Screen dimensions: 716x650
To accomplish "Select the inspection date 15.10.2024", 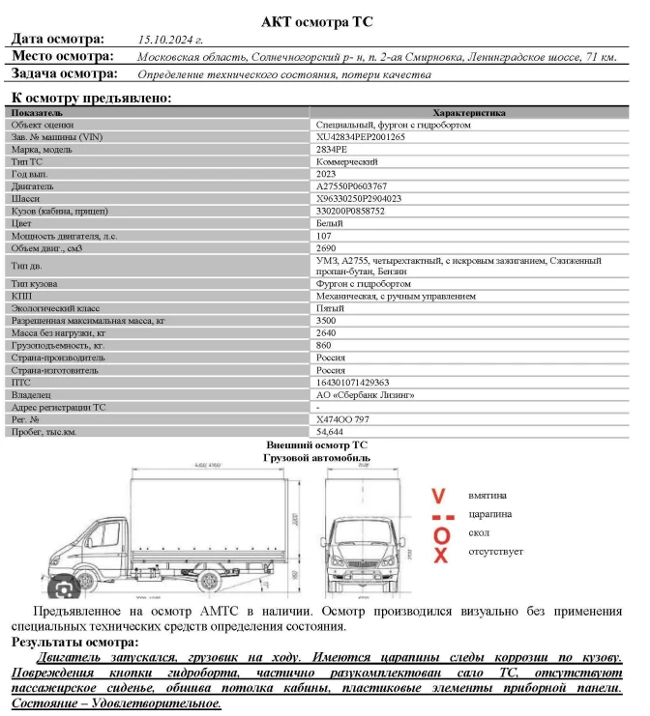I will (x=170, y=40).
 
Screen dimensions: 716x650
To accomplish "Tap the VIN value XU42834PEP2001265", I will (x=361, y=137).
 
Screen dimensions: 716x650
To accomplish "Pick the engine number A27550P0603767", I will (x=352, y=186).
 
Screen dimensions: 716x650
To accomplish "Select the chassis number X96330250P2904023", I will (x=359, y=198).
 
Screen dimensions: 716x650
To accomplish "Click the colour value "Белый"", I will (x=330, y=223).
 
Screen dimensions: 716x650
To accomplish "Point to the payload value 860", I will (x=324, y=345).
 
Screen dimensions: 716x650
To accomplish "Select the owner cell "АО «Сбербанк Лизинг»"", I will (x=365, y=395).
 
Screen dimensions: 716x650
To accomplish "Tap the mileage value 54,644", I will (x=330, y=432).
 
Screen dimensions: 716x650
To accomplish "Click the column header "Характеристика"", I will (x=468, y=113).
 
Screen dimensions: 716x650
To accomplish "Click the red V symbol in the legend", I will (x=440, y=496).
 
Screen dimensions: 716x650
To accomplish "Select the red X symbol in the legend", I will (x=440, y=555).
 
